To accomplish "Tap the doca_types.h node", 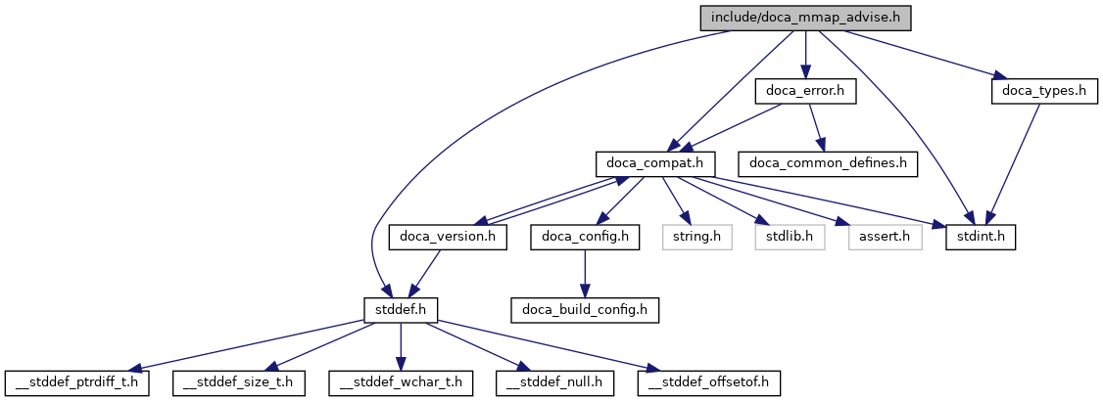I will [1039, 91].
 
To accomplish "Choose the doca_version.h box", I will [448, 237].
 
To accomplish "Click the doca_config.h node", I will [585, 237].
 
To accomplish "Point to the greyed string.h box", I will [697, 237].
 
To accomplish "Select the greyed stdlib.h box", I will [787, 237].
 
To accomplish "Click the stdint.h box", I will [981, 237].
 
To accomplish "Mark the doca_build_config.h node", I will [585, 310].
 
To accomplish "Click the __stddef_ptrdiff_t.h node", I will [77, 382].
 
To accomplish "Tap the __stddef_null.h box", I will [555, 382].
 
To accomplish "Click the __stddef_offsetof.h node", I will [710, 382].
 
